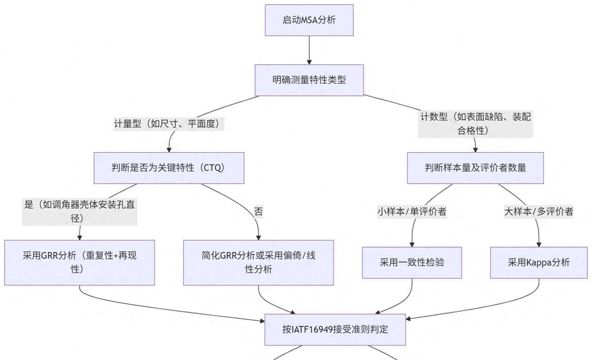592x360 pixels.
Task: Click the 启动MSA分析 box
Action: (x=309, y=20)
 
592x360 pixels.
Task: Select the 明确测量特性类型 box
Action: (x=309, y=80)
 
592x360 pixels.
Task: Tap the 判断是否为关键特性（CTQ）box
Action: (x=169, y=168)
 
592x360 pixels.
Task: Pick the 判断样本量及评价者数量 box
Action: (x=475, y=168)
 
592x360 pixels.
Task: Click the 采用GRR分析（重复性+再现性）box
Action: (x=80, y=262)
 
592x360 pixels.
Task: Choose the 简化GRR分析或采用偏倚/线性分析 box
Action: (x=258, y=262)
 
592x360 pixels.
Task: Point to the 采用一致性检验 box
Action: (x=412, y=262)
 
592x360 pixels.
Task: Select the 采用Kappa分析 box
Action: (x=538, y=262)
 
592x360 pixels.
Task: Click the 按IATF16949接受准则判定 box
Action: (x=335, y=329)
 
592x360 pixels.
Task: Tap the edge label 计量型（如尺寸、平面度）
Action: (x=169, y=124)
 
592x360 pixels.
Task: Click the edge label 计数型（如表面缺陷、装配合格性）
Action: (x=475, y=124)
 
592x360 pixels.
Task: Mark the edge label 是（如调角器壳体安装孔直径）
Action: (x=80, y=211)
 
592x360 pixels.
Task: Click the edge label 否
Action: (x=258, y=212)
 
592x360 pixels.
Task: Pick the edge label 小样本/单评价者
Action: (x=412, y=212)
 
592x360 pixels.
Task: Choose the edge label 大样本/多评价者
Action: (x=538, y=212)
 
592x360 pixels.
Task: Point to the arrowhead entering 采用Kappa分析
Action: (x=538, y=243)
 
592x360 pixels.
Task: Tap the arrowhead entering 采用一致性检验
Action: (x=412, y=243)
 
